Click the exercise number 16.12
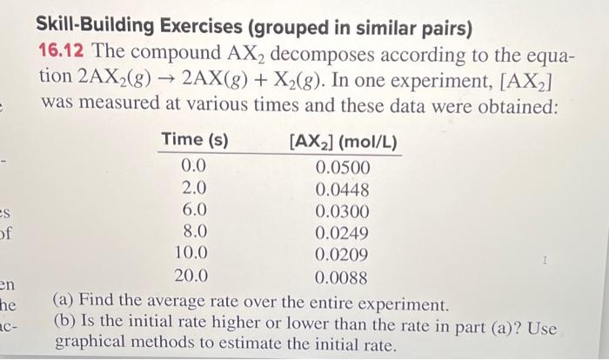62,52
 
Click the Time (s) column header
195,139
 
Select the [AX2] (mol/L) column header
343,141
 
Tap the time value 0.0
194,165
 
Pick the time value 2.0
194,187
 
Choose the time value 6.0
194,210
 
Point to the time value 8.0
194,231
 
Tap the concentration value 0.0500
342,167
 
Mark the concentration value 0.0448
342,190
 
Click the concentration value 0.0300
342,211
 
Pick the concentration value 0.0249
342,233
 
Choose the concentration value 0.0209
342,256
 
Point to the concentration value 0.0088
342,278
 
